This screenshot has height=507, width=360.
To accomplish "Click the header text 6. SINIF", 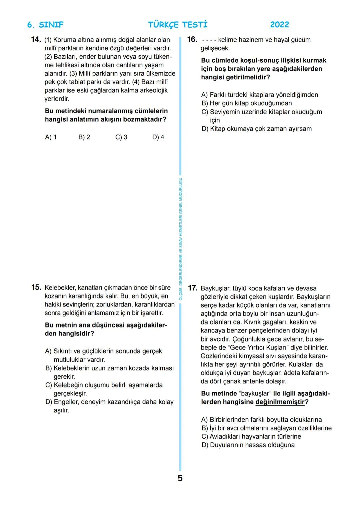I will click(45, 25).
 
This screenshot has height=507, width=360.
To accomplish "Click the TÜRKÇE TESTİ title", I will click(177, 25).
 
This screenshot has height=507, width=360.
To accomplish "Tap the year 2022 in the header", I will click(279, 25).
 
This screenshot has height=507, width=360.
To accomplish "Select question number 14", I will click(36, 40).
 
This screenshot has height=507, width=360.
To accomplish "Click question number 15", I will click(36, 287).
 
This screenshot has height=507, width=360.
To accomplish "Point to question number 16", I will click(192, 40).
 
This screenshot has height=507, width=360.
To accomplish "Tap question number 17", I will click(193, 288).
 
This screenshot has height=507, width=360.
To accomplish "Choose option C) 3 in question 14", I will click(121, 137).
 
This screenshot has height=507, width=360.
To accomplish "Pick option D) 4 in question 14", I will click(158, 137).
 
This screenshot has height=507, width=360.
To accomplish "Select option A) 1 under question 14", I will click(51, 137).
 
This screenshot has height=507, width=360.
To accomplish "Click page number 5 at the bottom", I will click(180, 478).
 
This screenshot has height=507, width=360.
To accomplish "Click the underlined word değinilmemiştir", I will click(280, 402).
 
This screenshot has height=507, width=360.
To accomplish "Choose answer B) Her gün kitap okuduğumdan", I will click(247, 103).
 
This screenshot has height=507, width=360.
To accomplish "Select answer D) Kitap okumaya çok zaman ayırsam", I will click(256, 129).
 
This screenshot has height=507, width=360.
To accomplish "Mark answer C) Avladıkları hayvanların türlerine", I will click(251, 436).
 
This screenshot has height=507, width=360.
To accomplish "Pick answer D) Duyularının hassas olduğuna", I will click(248, 445).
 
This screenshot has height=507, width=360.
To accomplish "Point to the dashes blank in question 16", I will click(209, 40).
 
